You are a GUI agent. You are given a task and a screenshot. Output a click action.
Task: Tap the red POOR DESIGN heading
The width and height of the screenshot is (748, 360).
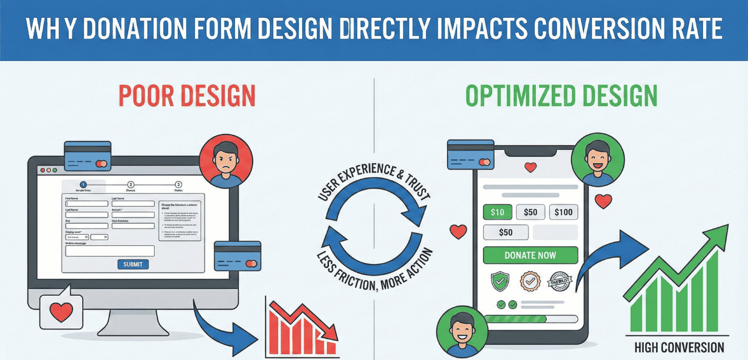tap(187, 95)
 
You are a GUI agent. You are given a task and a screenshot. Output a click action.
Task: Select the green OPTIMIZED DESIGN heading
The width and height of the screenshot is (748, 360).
tap(561, 95)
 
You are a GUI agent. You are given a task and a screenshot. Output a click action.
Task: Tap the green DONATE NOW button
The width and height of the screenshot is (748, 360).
tap(530, 255)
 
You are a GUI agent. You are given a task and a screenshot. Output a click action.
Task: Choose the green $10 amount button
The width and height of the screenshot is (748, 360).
tap(497, 212)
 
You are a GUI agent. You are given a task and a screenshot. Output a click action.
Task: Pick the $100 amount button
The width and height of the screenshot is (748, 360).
tap(563, 212)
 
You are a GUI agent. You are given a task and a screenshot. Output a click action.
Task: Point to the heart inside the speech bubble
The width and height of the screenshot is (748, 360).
tap(62, 312)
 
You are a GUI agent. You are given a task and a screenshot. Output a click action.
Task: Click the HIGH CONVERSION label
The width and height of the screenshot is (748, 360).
tap(679, 347)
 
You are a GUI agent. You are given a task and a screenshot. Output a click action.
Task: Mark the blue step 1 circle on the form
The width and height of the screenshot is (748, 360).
tap(84, 184)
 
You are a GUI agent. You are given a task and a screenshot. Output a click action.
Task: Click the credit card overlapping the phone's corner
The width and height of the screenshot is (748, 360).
tap(471, 154)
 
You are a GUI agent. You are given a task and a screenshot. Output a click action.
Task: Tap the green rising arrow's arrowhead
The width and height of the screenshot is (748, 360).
tap(718, 234)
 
